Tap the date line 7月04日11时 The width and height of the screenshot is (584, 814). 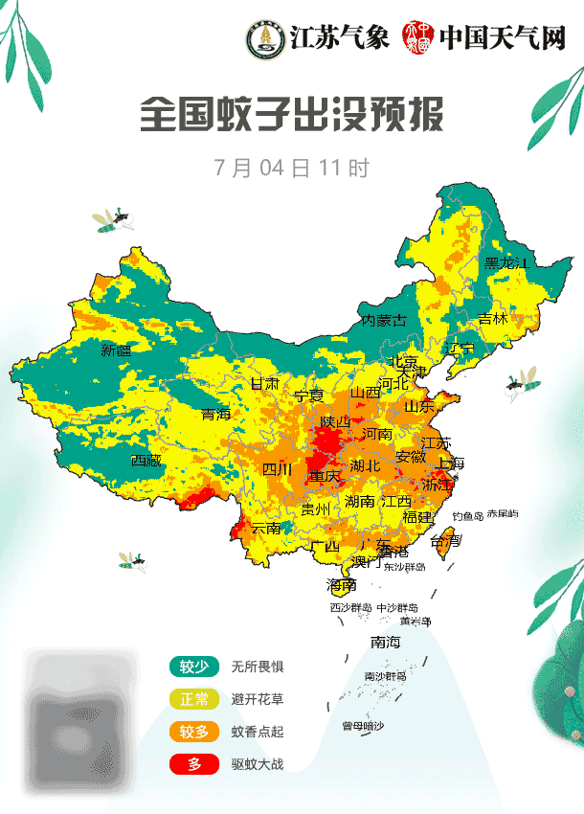[291, 168]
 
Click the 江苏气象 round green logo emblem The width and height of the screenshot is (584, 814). [264, 39]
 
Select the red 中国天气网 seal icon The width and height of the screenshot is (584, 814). [418, 39]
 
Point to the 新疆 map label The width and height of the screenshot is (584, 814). [117, 350]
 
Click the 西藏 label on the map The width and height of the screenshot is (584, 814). [146, 460]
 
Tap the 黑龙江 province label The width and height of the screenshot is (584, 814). [506, 262]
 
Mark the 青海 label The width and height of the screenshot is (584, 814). [216, 414]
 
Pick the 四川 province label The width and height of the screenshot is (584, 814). [278, 469]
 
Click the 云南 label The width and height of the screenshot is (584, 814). [266, 528]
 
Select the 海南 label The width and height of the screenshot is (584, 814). [342, 584]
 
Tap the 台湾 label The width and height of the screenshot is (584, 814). [445, 541]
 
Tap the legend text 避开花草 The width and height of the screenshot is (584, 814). [258, 699]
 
